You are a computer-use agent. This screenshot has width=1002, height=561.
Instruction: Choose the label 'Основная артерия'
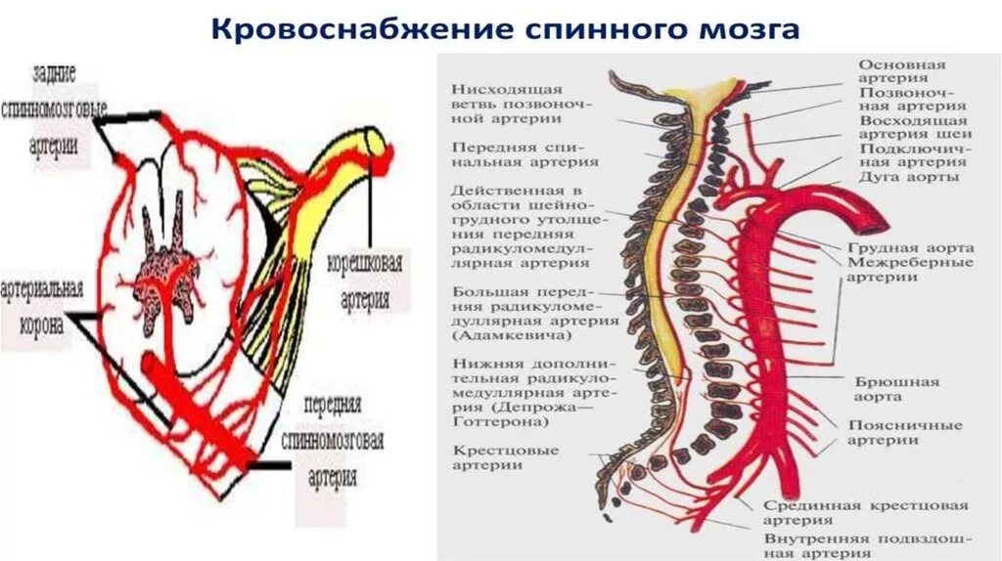coord(901,71)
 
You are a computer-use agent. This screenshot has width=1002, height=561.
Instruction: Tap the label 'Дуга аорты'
coord(907,178)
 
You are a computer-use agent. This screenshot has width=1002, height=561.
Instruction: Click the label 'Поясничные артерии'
coord(905,432)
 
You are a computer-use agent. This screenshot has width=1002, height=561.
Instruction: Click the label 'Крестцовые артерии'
coord(505,457)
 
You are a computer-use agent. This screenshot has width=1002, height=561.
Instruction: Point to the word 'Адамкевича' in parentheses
coord(510,335)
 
